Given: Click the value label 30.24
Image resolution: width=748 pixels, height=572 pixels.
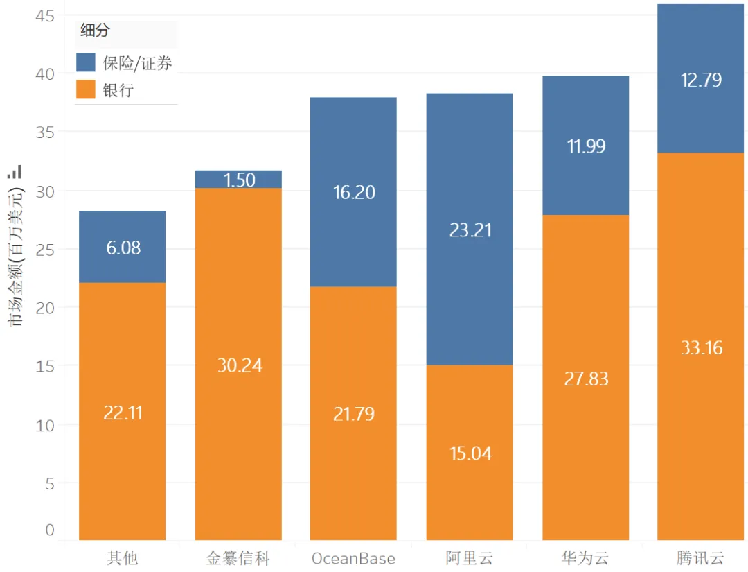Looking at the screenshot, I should tap(240, 365).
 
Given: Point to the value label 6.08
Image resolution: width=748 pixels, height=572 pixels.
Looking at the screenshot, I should tap(123, 248).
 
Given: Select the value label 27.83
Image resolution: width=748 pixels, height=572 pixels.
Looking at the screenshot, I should tap(586, 379).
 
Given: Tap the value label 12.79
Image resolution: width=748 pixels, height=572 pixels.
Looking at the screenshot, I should tap(701, 80).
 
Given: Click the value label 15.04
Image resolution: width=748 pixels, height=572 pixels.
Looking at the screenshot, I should tap(470, 453).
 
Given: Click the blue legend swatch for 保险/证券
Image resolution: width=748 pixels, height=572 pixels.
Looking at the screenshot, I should tap(85, 62).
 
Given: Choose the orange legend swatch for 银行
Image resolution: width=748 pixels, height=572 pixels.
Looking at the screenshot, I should tap(85, 89).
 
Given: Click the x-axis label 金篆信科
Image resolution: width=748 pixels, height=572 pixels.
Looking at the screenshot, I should tap(238, 558).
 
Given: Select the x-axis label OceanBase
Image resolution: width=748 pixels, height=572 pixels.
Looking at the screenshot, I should tap(353, 558).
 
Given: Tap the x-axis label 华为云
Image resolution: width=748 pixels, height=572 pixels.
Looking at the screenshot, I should tap(586, 558).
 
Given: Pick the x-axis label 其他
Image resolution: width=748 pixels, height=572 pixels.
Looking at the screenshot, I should tap(122, 558).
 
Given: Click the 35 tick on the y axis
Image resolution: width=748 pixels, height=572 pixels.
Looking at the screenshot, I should tap(44, 132).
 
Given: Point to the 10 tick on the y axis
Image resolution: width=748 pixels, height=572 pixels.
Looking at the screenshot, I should tap(44, 425).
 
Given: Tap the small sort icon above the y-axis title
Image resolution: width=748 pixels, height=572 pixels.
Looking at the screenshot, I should tap(15, 171).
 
